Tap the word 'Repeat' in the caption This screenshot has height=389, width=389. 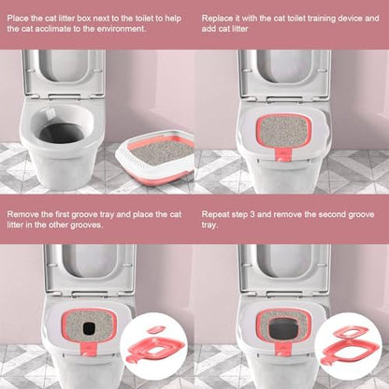tap(217, 214)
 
